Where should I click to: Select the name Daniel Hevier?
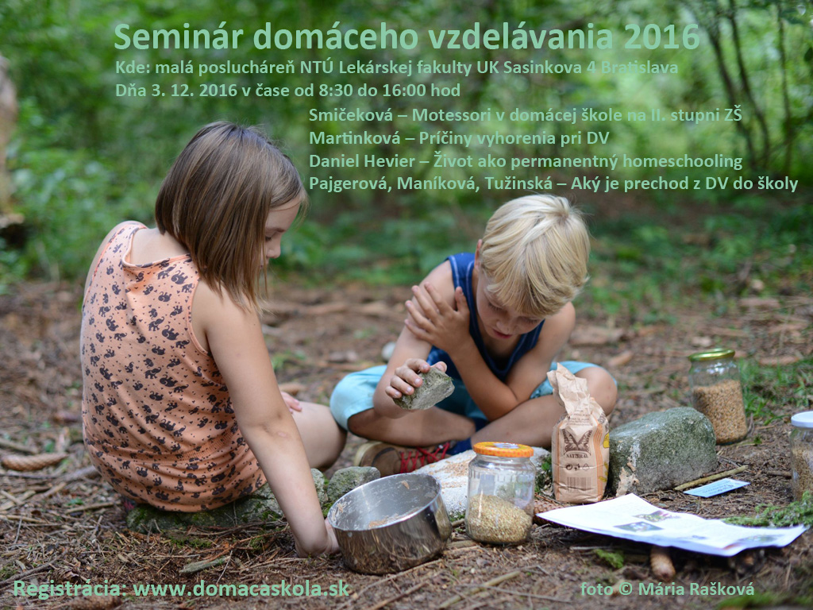(x=362, y=161)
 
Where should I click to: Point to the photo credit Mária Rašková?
(x=695, y=589)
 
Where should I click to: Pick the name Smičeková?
(x=350, y=114)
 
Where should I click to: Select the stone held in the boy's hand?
(x=425, y=388)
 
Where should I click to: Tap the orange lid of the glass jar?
(x=503, y=450)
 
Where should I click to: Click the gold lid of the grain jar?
(x=711, y=355)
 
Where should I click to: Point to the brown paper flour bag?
(x=579, y=436)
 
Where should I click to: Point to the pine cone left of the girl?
(x=33, y=461)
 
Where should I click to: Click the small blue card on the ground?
(x=716, y=488)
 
